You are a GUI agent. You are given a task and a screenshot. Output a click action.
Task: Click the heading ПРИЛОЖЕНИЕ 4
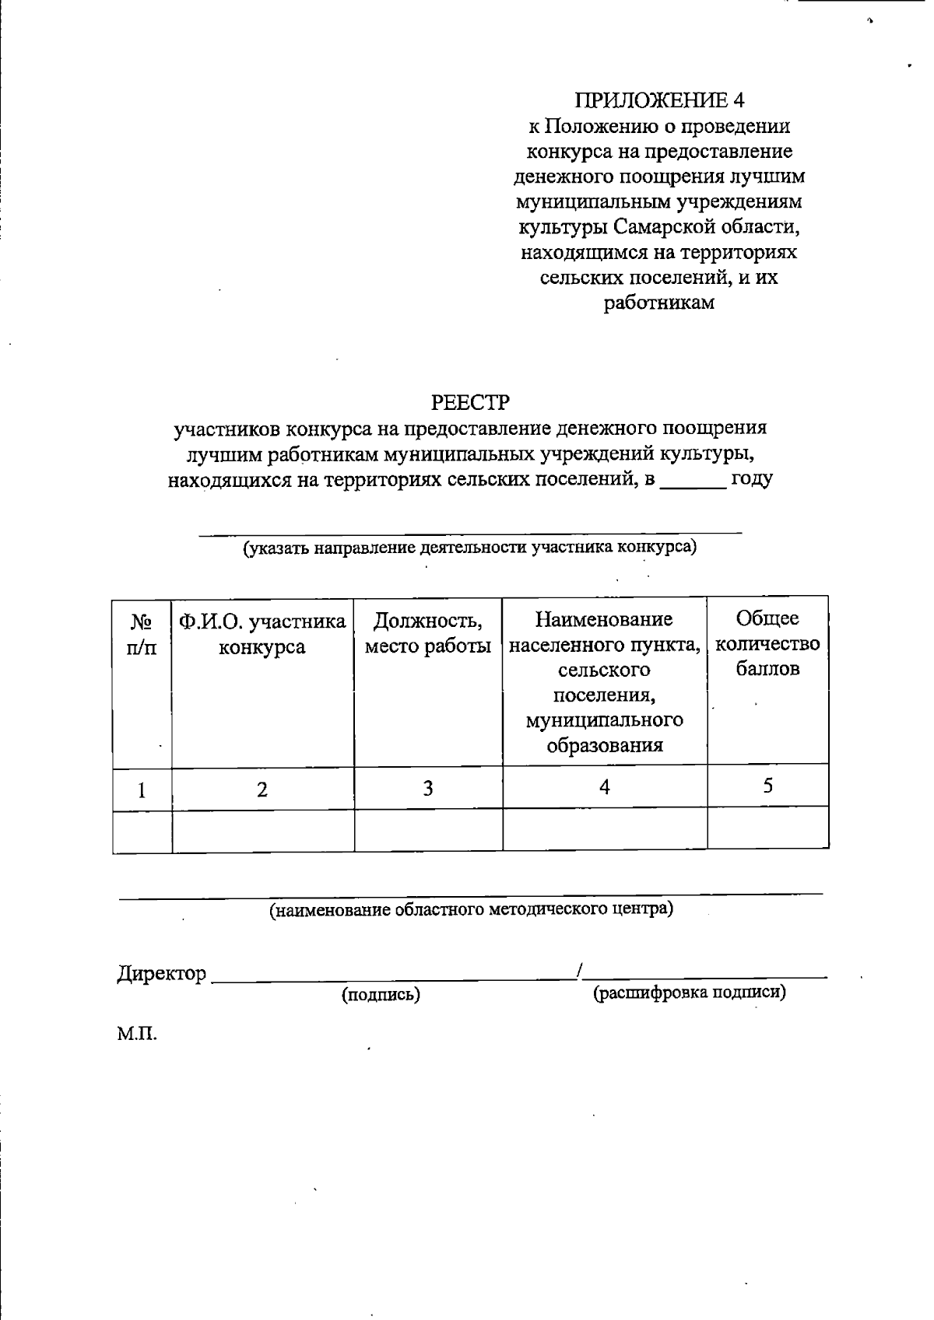pos(659,100)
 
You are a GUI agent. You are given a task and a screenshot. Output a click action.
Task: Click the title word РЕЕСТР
pos(470,403)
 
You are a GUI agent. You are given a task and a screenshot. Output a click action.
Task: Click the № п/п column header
pos(142,634)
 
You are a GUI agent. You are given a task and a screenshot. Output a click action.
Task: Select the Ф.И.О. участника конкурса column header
pos(262,634)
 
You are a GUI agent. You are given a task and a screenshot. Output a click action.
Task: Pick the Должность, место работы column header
pos(427,633)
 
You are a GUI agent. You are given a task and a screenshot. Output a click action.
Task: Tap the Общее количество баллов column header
pos(767,643)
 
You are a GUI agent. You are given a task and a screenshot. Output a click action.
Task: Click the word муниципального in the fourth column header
pos(605,720)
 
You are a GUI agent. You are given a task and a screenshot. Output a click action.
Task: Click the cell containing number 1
pos(142,790)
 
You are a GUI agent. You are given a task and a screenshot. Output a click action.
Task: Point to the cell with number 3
pos(427,788)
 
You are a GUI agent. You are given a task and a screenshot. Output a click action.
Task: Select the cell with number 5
pos(767,786)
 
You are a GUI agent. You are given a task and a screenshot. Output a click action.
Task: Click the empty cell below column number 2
pos(262,830)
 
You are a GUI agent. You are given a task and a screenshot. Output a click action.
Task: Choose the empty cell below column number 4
pos(605,829)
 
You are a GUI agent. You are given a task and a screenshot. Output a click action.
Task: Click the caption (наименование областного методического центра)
pos(471,909)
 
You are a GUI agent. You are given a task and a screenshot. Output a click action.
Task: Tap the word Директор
pos(162,973)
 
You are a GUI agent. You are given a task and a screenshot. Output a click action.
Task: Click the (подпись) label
pos(381,994)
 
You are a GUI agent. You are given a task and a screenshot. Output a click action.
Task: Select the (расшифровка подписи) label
pos(689,993)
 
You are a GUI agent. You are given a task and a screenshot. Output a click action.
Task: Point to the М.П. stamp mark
pos(137,1035)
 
